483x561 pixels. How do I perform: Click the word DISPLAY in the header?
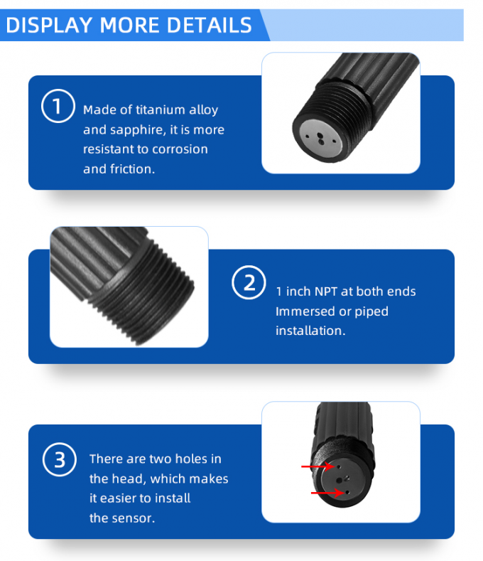pyautogui.click(x=48, y=25)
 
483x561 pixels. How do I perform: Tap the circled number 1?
pyautogui.click(x=57, y=107)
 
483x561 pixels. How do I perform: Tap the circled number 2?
pyautogui.click(x=249, y=283)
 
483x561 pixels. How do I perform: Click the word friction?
pyautogui.click(x=131, y=169)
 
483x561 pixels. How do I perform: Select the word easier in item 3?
pyautogui.click(x=126, y=498)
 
